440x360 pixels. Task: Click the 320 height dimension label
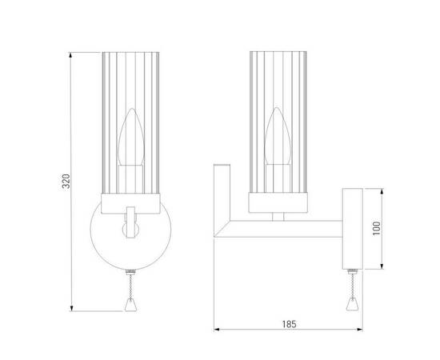tap(66, 182)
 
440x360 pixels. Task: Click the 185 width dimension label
tap(289, 324)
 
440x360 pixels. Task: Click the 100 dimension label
tap(377, 229)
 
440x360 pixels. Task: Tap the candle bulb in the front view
tap(131, 137)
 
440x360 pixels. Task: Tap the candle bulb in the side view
tap(278, 136)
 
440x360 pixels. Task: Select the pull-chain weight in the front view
tap(130, 305)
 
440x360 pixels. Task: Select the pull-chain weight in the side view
tap(352, 304)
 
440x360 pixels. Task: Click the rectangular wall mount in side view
tap(352, 229)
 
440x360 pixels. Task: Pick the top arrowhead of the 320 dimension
tap(71, 55)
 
